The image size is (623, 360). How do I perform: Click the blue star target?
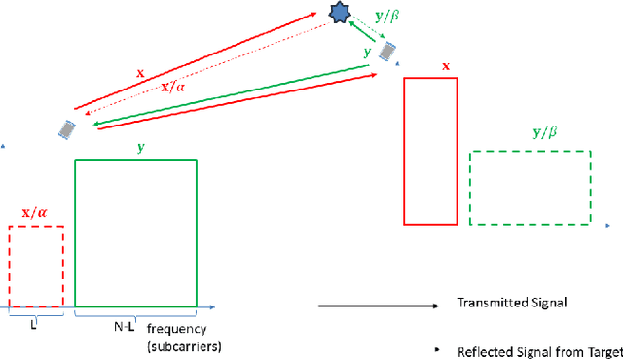tap(339, 13)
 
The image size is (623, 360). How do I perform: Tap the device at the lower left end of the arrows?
tap(67, 128)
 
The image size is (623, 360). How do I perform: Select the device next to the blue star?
tap(388, 50)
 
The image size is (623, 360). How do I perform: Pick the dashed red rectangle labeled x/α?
tap(36, 266)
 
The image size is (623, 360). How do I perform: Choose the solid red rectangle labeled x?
tap(429, 151)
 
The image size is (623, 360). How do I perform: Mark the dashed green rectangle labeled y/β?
tap(530, 188)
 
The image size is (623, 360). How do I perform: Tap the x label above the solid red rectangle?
tap(446, 66)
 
